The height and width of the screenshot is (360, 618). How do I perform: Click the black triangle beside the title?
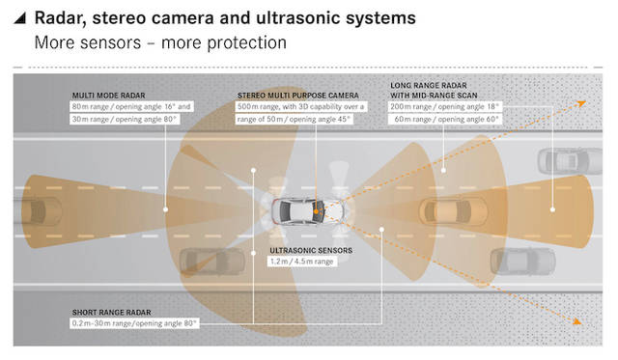pos(20,18)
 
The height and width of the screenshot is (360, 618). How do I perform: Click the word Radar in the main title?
pos(60,18)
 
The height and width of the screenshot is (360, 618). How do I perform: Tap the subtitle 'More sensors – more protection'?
pos(160,42)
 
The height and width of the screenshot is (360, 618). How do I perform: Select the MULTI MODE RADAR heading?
pos(108,96)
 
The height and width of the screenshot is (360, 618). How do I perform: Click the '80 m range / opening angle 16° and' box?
pos(131,107)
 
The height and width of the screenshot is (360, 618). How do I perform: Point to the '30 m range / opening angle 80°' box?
pos(125,119)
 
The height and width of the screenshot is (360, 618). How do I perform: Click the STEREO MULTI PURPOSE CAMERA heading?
pos(298,96)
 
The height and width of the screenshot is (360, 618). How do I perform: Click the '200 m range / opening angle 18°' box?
pos(444,107)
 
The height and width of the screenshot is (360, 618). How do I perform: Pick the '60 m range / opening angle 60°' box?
pos(446,119)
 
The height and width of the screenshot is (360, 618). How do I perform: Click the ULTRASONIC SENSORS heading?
pos(311,251)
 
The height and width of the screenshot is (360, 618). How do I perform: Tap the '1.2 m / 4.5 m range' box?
pos(302,262)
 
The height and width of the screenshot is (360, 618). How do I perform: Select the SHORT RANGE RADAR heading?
pos(112,313)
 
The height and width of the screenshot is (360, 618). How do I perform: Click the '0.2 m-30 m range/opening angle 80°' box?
pos(134,323)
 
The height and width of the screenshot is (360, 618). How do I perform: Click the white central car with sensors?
pos(307,211)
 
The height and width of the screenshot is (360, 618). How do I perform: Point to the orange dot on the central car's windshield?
pos(316,211)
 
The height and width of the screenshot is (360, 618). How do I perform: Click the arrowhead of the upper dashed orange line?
pos(581,103)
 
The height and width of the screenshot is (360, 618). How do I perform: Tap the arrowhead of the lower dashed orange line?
pos(577,321)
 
